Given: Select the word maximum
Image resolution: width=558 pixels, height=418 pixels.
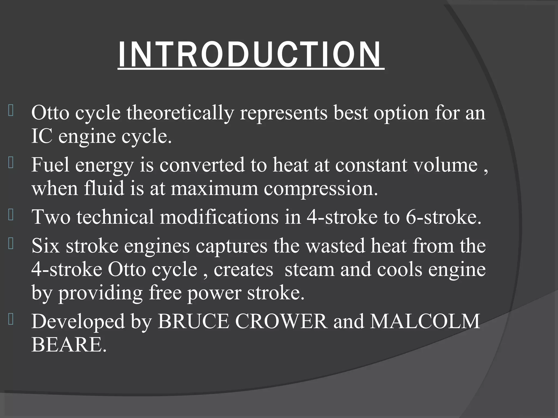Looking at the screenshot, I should [x=214, y=188].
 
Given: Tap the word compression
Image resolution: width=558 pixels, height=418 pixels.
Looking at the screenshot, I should [x=321, y=189].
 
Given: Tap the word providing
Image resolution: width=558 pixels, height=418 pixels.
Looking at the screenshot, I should [x=101, y=293].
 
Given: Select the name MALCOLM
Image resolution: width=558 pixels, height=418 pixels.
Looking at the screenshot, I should [x=425, y=321].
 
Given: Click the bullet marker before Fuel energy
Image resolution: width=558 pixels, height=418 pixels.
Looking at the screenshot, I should [x=11, y=163].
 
